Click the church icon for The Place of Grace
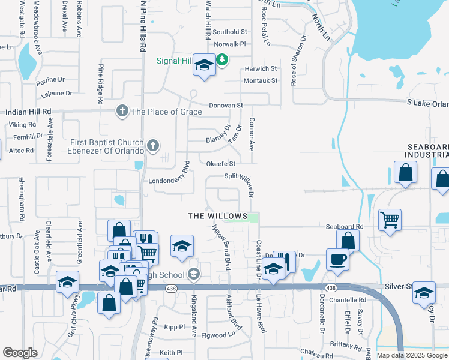tap(122, 111)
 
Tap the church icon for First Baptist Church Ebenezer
tap(153, 145)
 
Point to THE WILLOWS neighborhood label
tap(217, 215)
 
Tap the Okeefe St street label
tap(220, 163)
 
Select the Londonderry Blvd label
tap(169, 180)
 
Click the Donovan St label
tap(225, 105)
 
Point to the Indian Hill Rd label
tap(28, 112)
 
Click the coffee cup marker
tap(337, 259)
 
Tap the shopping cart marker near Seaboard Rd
tap(390, 220)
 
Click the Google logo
tap(20, 353)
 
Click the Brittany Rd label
tap(346, 344)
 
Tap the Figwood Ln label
tap(218, 335)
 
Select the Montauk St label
tap(261, 80)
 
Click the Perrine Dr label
tap(50, 79)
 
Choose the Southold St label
tap(230, 32)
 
